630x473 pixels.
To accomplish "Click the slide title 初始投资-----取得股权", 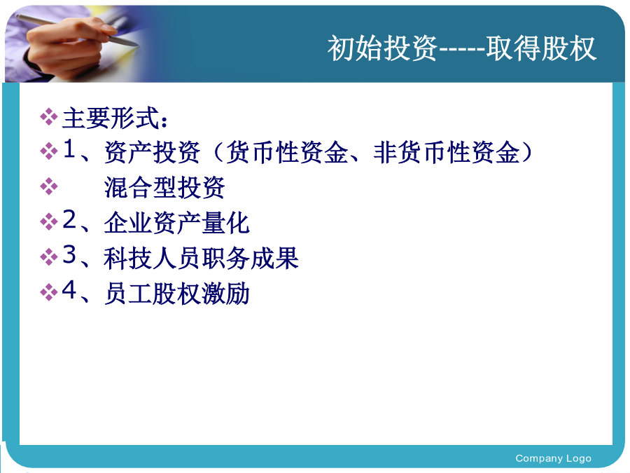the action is (462, 48).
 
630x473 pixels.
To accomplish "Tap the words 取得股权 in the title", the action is (541, 48).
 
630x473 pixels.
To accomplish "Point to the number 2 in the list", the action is (69, 219).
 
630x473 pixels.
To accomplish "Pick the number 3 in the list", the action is (69, 254).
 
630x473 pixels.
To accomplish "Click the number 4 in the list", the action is (69, 289).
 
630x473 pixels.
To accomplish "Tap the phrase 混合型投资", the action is (164, 187).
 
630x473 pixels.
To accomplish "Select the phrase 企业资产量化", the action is (177, 222).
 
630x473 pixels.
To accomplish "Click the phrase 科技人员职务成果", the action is (202, 258).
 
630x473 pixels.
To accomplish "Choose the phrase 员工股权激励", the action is (177, 293).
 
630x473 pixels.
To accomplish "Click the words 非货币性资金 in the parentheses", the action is (447, 153).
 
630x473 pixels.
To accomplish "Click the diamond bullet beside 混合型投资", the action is (49, 186).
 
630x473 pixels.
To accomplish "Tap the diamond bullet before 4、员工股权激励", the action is (49, 292).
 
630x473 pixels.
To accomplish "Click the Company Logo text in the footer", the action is (553, 458).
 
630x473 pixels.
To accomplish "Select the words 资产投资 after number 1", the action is (153, 153).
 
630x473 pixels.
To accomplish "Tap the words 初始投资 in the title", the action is (382, 48).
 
